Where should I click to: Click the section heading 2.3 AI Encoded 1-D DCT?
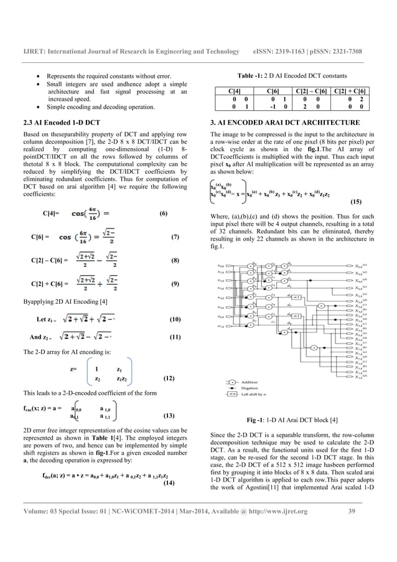pyautogui.click(x=60, y=123)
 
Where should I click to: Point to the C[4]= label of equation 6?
pyautogui.click(x=51, y=213)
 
